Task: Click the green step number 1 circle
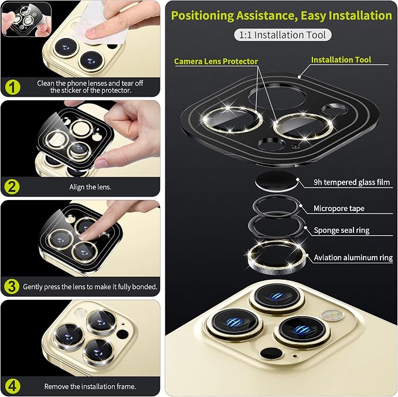pyautogui.click(x=12, y=87)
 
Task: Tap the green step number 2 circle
pyautogui.click(x=12, y=187)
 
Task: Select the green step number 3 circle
pyautogui.click(x=12, y=287)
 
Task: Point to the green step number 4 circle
pyautogui.click(x=12, y=386)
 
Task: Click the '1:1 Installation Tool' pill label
pyautogui.click(x=283, y=35)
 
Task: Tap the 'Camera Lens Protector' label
pyautogui.click(x=216, y=61)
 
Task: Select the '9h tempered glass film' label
pyautogui.click(x=352, y=182)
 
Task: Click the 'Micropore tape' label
pyautogui.click(x=339, y=209)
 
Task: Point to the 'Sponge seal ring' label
pyautogui.click(x=341, y=230)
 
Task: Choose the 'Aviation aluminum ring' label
pyautogui.click(x=353, y=257)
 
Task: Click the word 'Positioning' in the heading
pyautogui.click(x=202, y=15)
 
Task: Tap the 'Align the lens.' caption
pyautogui.click(x=90, y=187)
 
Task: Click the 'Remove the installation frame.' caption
pyautogui.click(x=90, y=386)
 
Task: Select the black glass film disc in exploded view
pyautogui.click(x=276, y=181)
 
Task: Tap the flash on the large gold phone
pyautogui.click(x=332, y=315)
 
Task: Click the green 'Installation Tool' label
pyautogui.click(x=341, y=60)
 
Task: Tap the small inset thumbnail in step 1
pyautogui.click(x=26, y=19)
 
